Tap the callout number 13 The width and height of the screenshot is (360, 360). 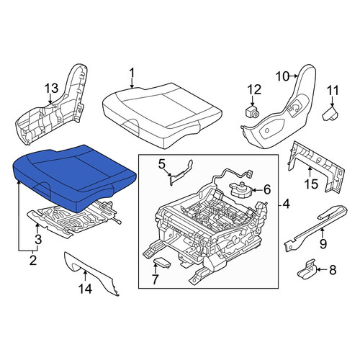click(x=52, y=88)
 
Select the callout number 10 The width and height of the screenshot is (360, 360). click(x=282, y=77)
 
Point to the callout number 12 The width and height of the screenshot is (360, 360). click(x=255, y=90)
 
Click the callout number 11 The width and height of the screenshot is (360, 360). click(x=333, y=91)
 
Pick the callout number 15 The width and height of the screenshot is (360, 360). click(x=311, y=184)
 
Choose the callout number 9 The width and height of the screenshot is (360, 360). click(x=323, y=244)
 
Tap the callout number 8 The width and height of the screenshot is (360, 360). click(x=333, y=270)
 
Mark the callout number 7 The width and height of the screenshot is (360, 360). click(x=155, y=279)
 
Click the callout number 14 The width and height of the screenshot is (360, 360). click(x=86, y=289)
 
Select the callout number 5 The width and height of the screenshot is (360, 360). click(x=161, y=164)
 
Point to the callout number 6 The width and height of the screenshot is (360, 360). click(x=267, y=190)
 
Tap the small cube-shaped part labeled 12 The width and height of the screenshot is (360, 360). click(x=252, y=111)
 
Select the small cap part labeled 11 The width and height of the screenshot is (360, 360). click(x=330, y=114)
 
